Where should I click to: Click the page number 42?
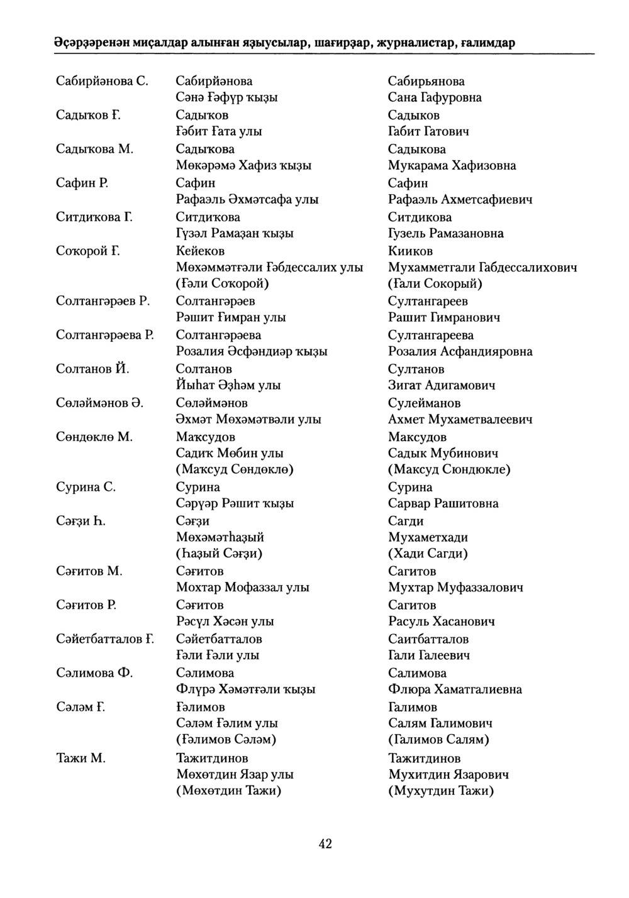[x=325, y=844]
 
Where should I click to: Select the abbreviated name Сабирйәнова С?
[x=103, y=81]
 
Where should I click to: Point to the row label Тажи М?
[x=81, y=758]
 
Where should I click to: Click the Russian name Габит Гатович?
[x=428, y=131]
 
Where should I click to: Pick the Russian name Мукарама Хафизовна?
[x=452, y=165]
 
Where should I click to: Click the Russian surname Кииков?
[x=411, y=251]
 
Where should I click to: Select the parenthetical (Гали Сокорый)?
[x=435, y=283]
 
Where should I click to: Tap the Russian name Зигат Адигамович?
[x=442, y=385]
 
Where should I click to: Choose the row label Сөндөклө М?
[x=94, y=437]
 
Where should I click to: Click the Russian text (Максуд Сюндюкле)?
[x=449, y=469]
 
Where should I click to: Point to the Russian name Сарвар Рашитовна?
[x=443, y=503]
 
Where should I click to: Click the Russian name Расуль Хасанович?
[x=442, y=621]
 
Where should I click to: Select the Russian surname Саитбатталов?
[x=428, y=639]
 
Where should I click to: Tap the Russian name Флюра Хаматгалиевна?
[x=455, y=689]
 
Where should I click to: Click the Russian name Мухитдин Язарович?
[x=448, y=774]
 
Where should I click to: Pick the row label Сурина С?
[x=86, y=487]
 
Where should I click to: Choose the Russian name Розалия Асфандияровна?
[x=460, y=351]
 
